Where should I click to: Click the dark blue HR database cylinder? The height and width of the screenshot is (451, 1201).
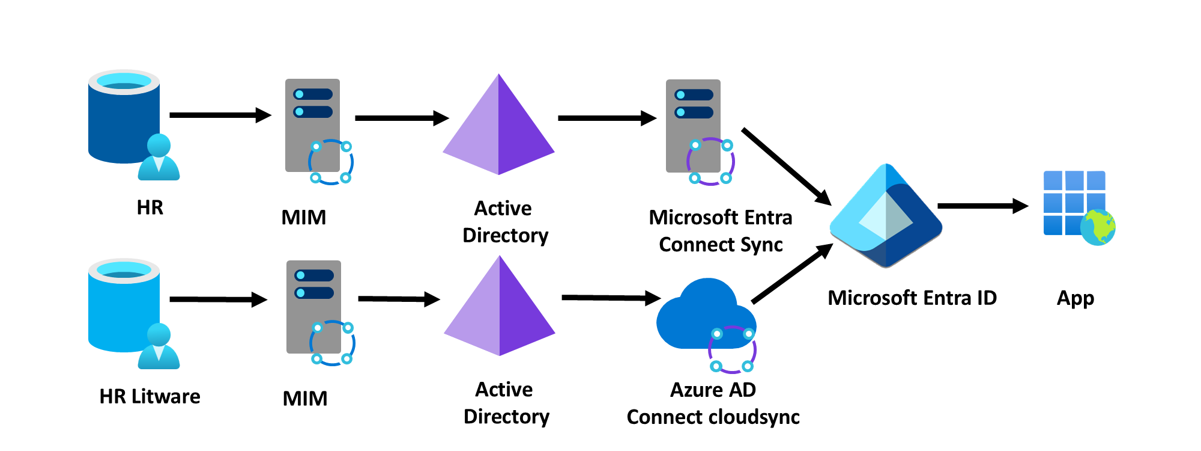tap(123, 120)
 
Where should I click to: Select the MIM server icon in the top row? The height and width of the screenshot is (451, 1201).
tap(313, 126)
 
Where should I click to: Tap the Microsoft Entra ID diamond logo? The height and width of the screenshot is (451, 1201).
tap(886, 216)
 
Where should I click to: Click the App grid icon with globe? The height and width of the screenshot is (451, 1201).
tap(1075, 204)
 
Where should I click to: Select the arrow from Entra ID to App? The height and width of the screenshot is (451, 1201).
tap(982, 206)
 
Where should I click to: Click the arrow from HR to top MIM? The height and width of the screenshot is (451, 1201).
tap(219, 115)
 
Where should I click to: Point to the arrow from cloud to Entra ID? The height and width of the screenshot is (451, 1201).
tap(791, 274)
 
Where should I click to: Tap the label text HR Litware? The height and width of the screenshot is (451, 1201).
tap(150, 397)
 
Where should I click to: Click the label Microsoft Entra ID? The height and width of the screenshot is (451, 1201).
tap(912, 298)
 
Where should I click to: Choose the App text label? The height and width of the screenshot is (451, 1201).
tap(1075, 299)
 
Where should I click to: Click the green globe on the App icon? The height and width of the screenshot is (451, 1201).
tap(1098, 227)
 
